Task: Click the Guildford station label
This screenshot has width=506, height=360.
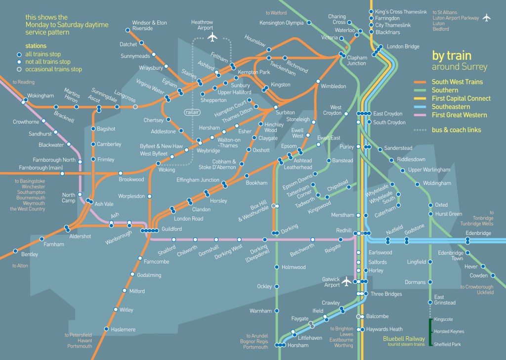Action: click(171, 229)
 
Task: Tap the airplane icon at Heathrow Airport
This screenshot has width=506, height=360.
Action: click(213, 38)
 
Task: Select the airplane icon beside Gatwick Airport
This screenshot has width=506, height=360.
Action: click(347, 282)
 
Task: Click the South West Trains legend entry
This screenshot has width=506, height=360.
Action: click(457, 82)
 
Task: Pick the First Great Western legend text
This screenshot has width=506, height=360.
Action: click(459, 115)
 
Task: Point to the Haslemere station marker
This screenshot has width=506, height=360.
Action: click(106, 329)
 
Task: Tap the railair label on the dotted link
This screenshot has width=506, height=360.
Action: click(191, 112)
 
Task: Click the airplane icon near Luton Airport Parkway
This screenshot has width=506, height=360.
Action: click(487, 18)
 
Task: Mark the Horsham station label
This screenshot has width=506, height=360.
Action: click(297, 345)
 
